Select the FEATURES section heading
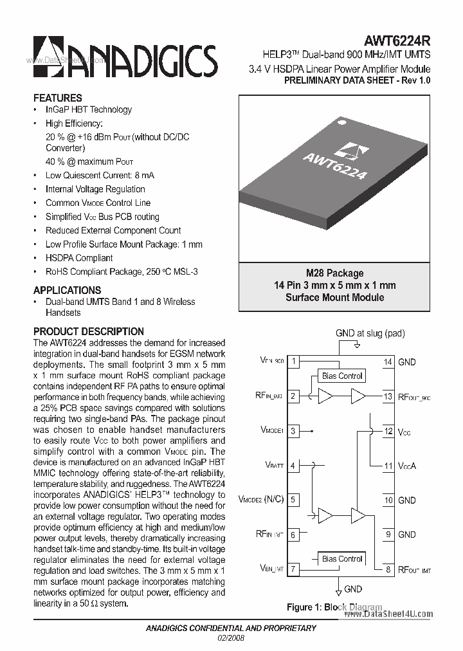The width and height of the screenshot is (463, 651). click(58, 98)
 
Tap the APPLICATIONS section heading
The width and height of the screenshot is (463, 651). click(67, 290)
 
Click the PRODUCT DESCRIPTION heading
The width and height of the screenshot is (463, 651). click(89, 331)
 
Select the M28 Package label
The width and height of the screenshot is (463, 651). click(334, 273)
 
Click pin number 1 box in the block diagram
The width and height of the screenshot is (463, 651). click(293, 362)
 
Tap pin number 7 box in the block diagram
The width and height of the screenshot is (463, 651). click(293, 569)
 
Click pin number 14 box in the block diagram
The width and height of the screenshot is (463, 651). click(388, 362)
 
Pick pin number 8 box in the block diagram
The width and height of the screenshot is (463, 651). click(388, 569)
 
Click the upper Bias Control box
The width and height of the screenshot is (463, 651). click(343, 376)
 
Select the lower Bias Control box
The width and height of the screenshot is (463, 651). click(343, 558)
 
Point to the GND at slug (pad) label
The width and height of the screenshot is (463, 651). click(370, 333)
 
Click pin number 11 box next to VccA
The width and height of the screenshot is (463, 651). click(388, 466)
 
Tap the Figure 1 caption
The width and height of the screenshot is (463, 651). click(334, 607)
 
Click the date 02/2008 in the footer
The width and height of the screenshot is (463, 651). click(232, 637)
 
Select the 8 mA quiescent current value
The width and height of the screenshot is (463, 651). click(144, 176)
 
